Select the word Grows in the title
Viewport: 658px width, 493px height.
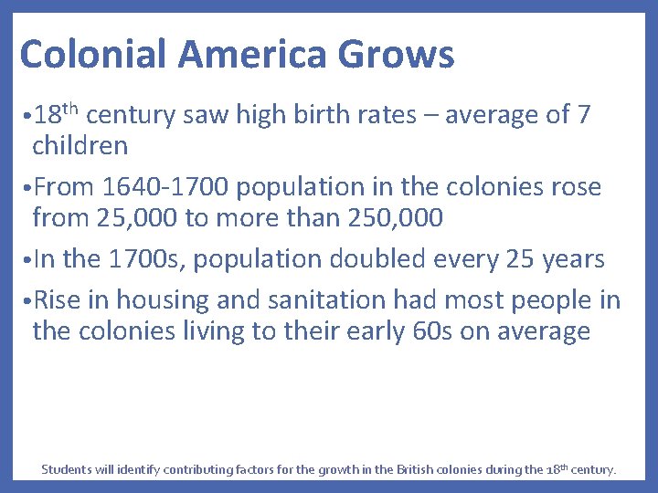(396, 55)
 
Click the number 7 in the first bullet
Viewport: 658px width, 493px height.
(582, 116)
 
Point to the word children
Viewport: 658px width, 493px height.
(80, 145)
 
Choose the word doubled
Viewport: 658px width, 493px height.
(379, 260)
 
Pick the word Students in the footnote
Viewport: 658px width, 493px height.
(66, 470)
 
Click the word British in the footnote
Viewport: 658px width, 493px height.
(422, 470)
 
